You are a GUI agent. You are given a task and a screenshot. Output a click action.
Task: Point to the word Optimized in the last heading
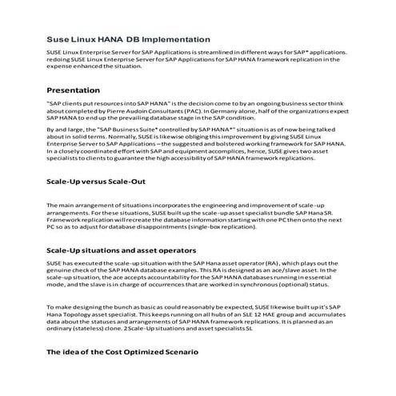143,352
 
